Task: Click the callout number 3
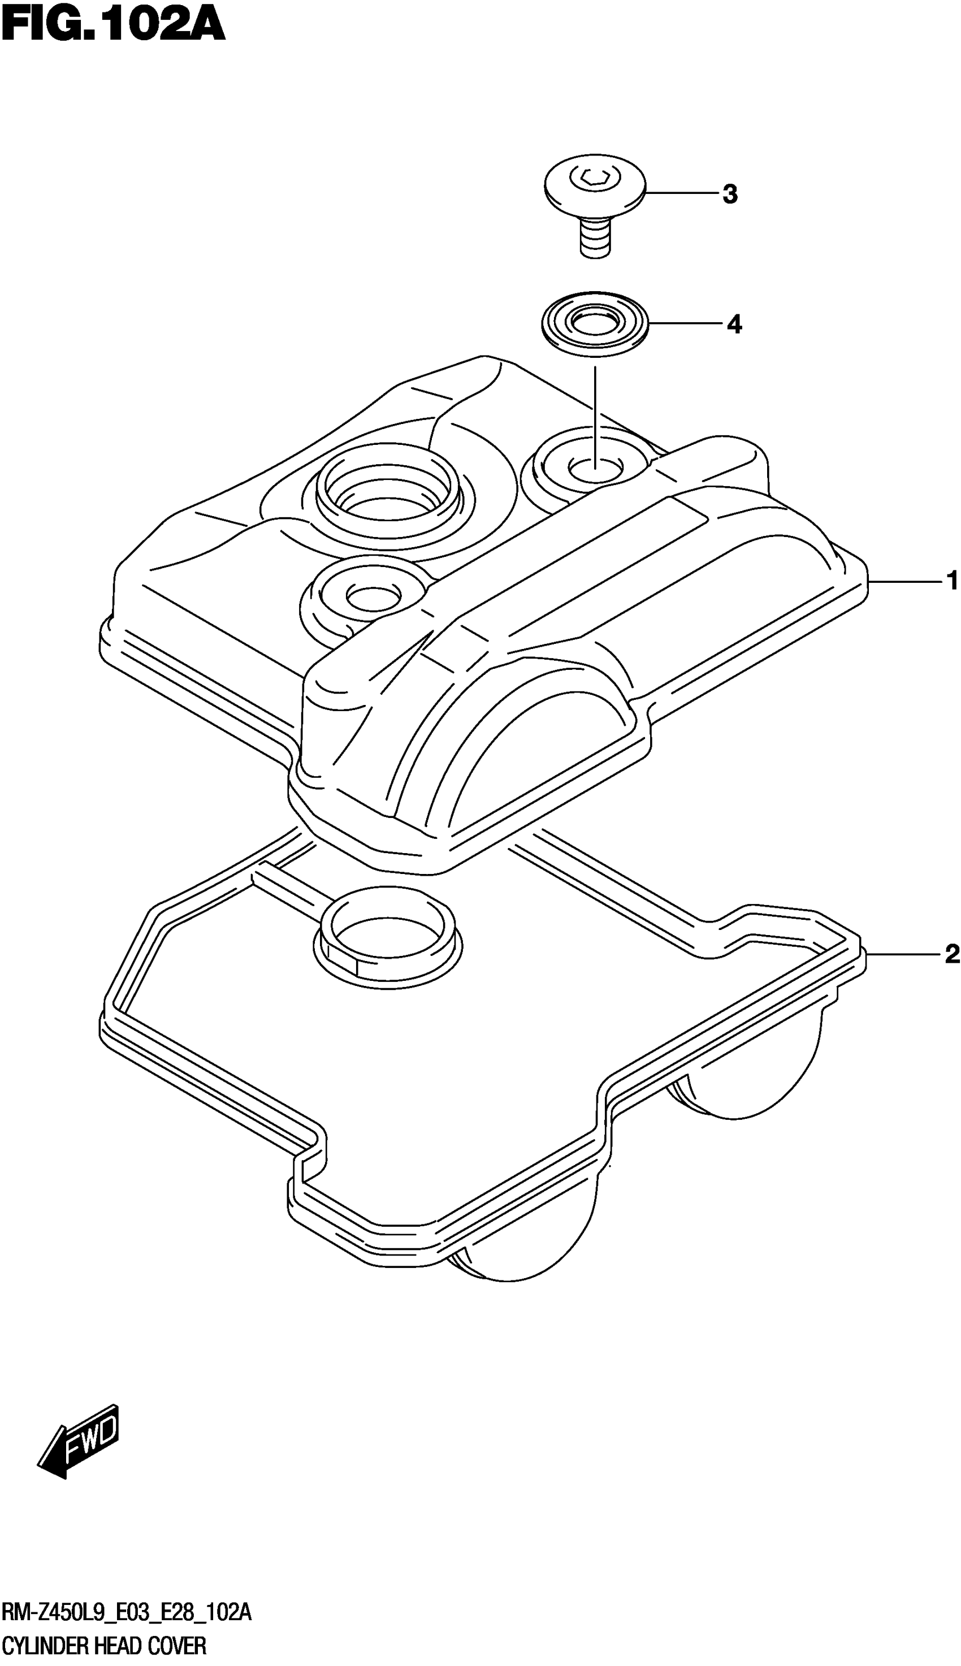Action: pyautogui.click(x=729, y=194)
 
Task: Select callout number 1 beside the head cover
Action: pyautogui.click(x=951, y=581)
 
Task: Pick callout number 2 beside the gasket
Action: pyautogui.click(x=951, y=954)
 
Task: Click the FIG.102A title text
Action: pyautogui.click(x=114, y=27)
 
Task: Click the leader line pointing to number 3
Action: pyautogui.click(x=680, y=193)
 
